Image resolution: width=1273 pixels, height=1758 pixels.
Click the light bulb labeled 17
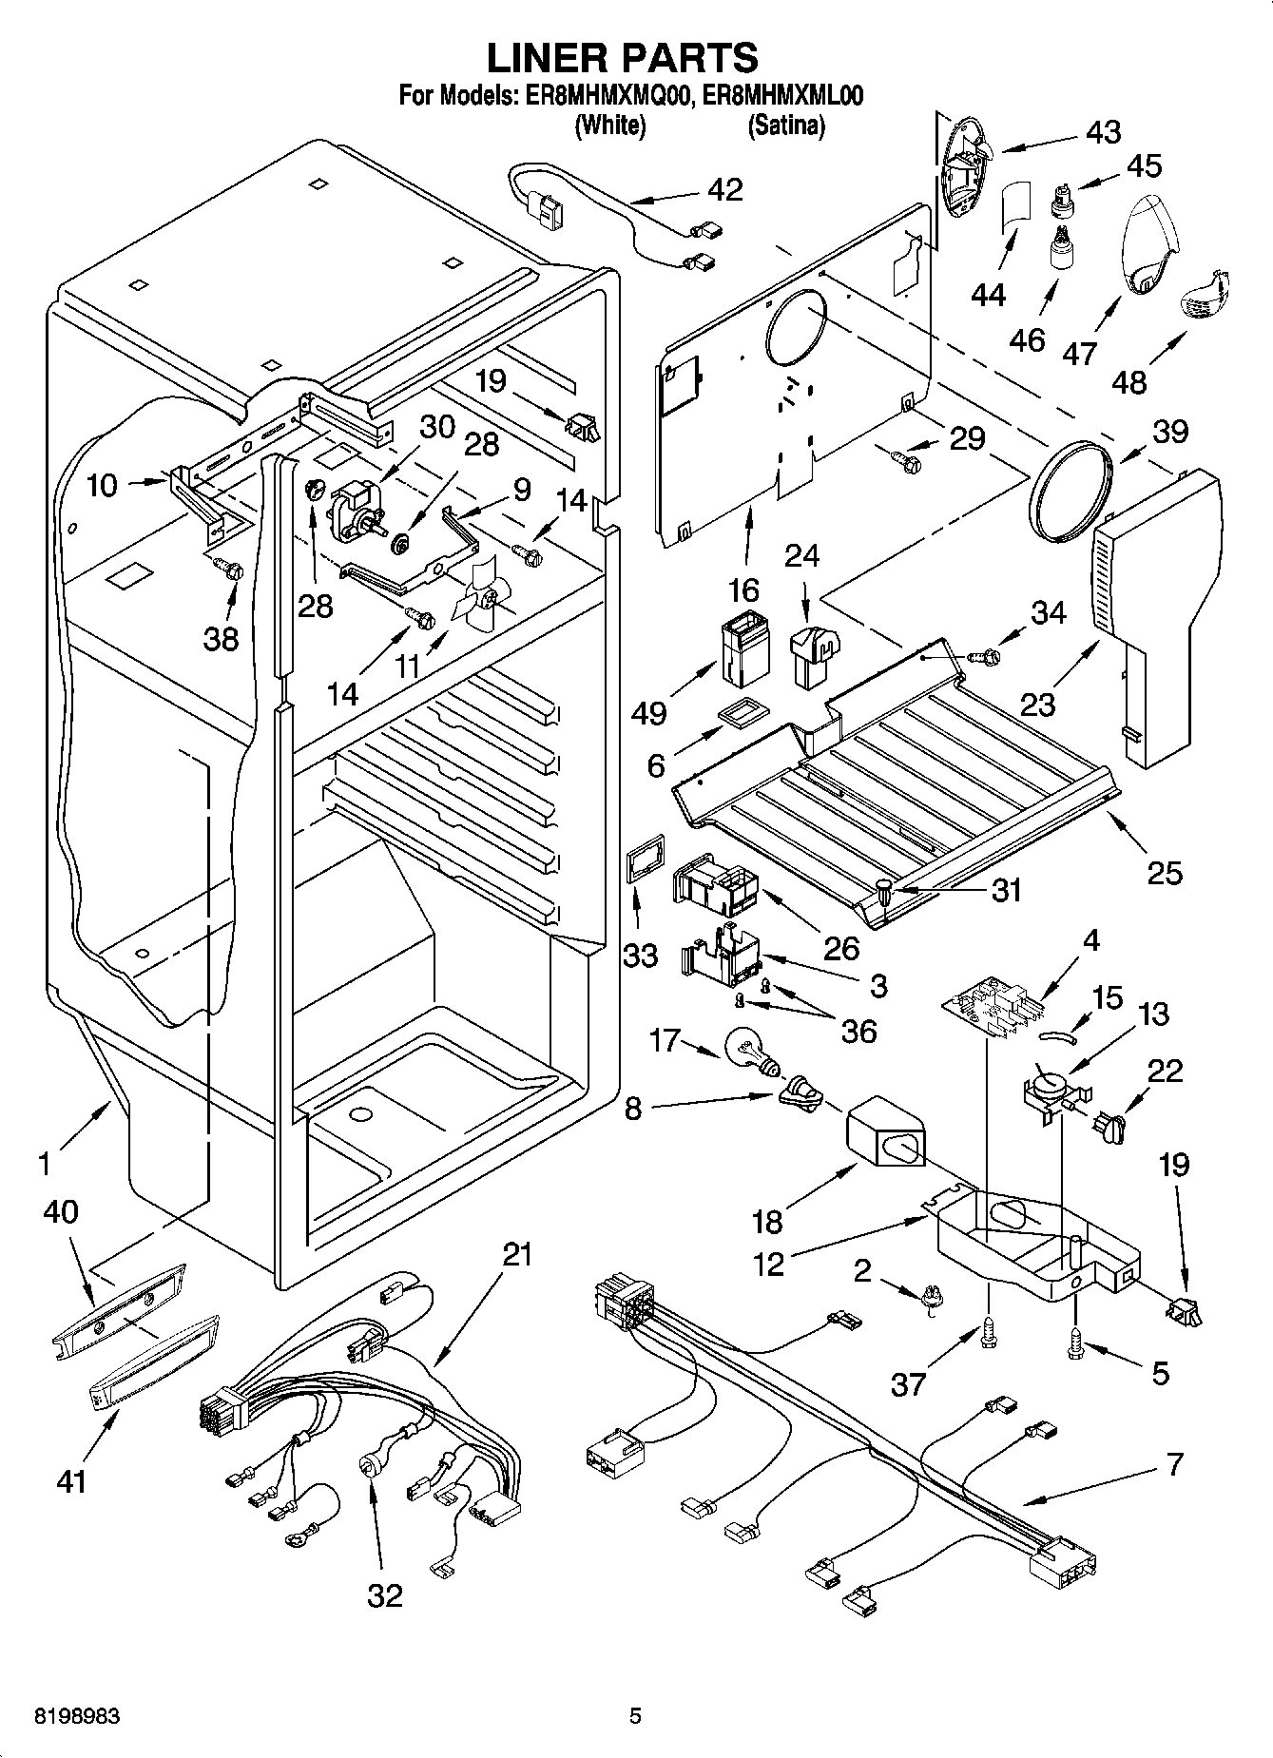pyautogui.click(x=748, y=1051)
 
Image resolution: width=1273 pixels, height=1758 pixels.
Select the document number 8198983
pyautogui.click(x=63, y=1716)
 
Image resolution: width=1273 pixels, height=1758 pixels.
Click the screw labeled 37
pyautogui.click(x=987, y=1334)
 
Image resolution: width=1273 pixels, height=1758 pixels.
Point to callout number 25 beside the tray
pyautogui.click(x=1164, y=872)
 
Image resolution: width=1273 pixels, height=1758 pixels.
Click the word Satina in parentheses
pyautogui.click(x=786, y=126)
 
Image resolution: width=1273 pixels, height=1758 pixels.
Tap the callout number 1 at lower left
pyautogui.click(x=44, y=1162)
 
